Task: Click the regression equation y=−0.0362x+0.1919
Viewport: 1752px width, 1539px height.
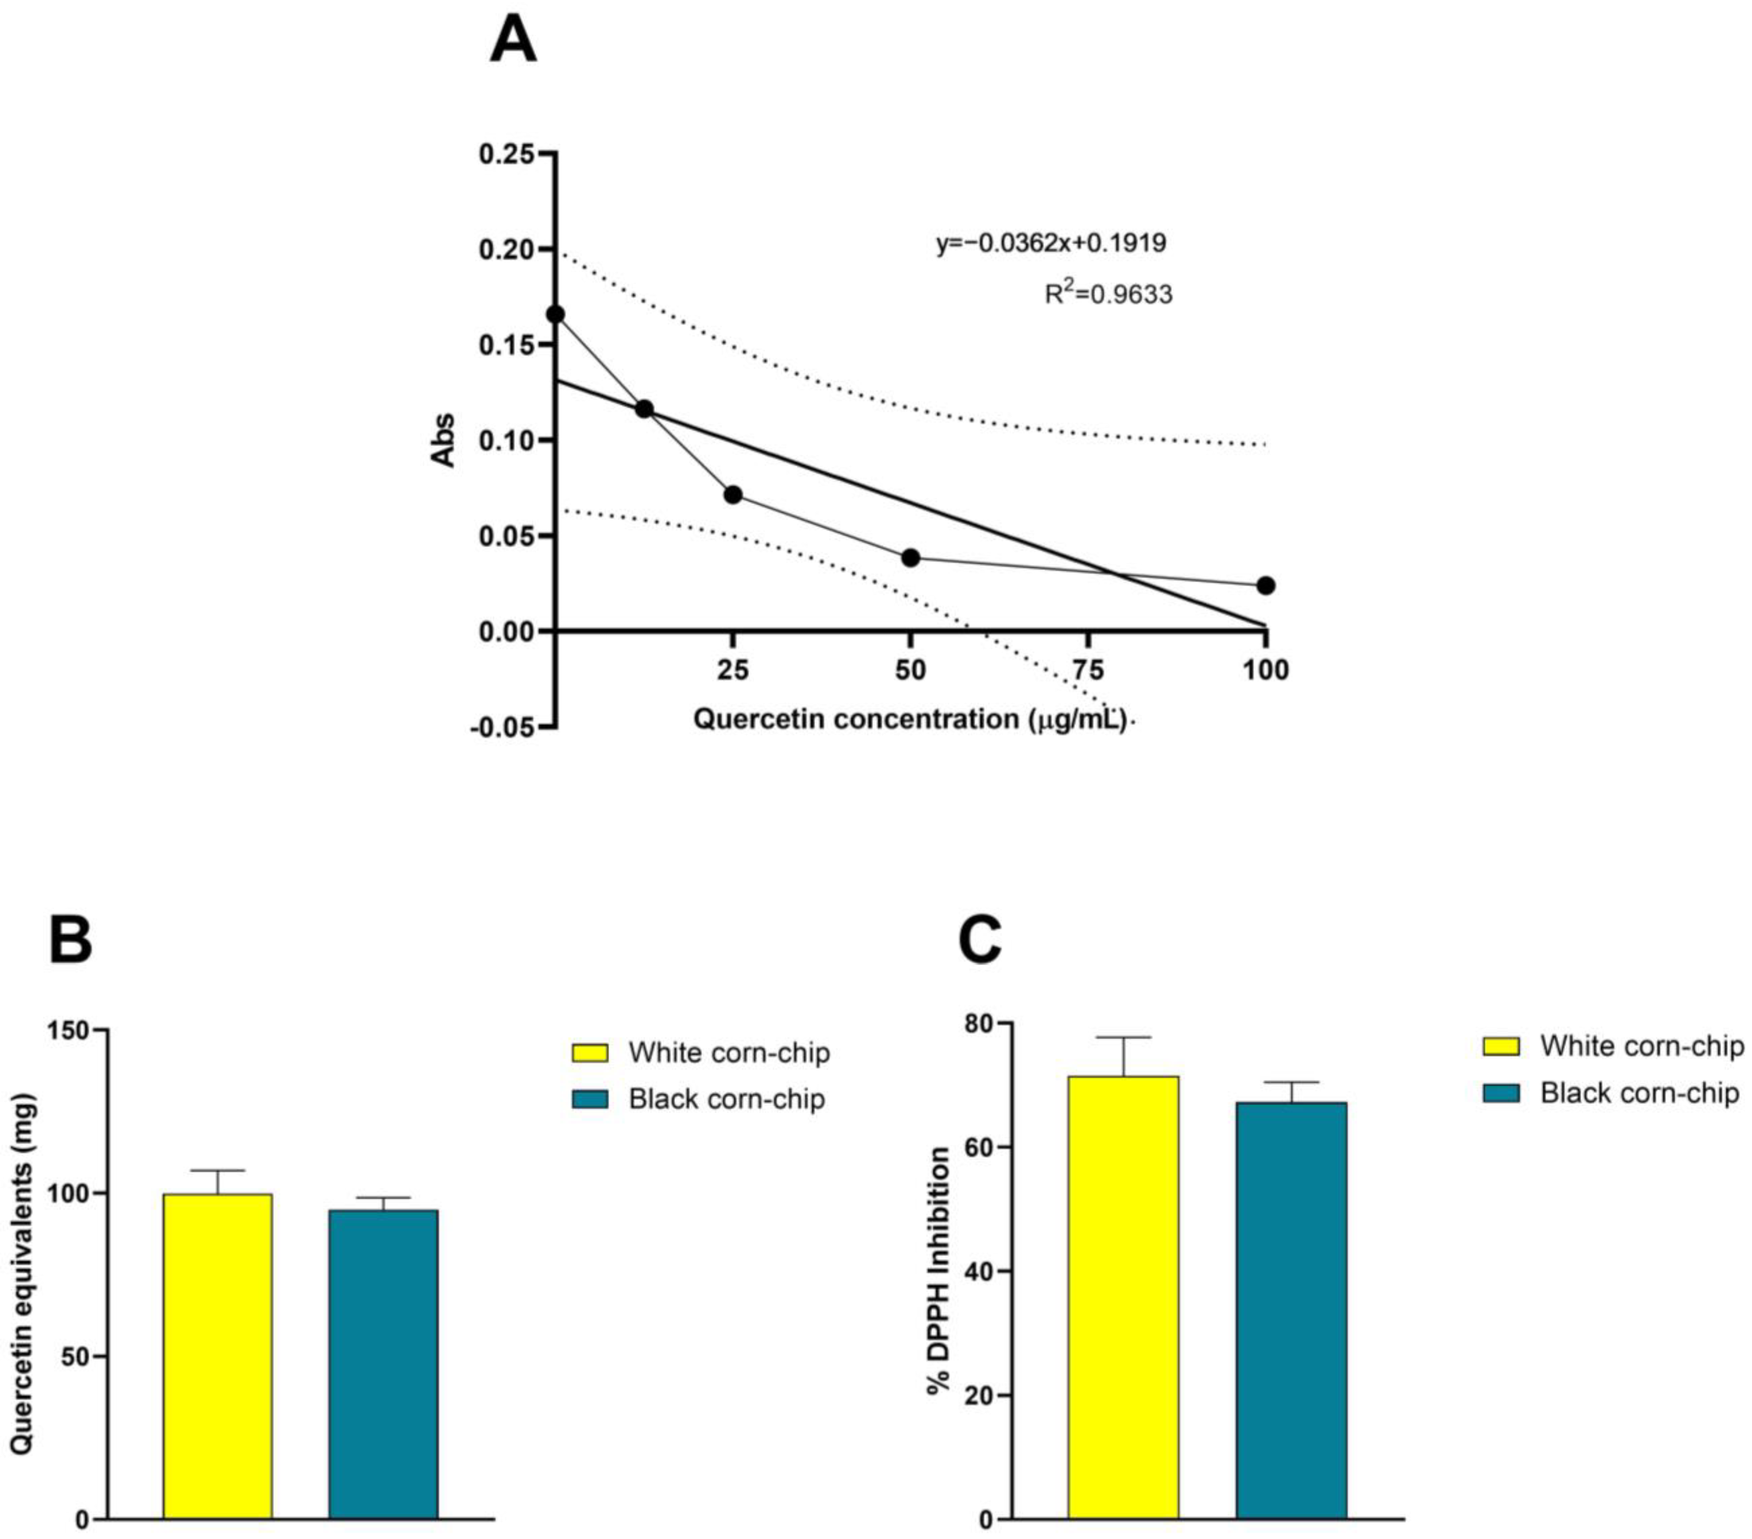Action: coord(1051,244)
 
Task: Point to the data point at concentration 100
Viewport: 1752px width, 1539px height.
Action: coord(1265,586)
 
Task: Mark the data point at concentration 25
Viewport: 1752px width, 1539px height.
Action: coord(733,495)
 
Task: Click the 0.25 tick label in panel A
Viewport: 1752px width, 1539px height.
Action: coord(506,154)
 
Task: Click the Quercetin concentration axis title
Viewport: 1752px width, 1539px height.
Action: coord(909,718)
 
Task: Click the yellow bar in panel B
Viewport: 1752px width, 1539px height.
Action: coord(218,1355)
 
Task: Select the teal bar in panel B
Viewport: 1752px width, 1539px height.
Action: coord(383,1363)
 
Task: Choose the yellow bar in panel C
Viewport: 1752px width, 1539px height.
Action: coord(1123,1294)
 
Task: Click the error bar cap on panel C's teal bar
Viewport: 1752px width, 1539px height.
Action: coord(1291,1082)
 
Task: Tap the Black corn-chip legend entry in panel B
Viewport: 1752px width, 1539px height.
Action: coord(698,1099)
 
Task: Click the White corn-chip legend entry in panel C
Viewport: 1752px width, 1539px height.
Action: coord(1612,1046)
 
